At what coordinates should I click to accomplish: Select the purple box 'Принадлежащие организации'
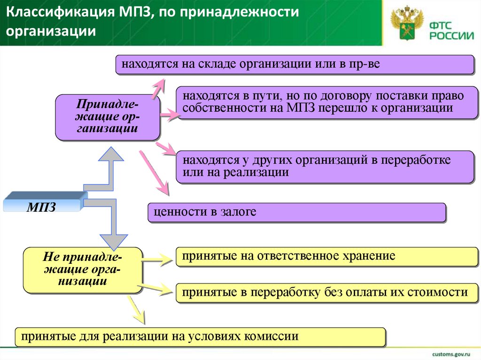point(108,117)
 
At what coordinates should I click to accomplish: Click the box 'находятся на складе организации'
point(295,64)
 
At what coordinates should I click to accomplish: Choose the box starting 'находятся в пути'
point(325,102)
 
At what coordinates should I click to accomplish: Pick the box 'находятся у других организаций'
point(325,166)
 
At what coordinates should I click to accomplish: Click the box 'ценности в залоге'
point(296,212)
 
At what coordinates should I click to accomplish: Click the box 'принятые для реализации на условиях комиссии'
point(200,337)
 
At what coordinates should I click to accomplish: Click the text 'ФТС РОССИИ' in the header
point(450,30)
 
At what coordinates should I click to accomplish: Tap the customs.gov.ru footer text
point(451,352)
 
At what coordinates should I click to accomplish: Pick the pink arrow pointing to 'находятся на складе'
point(157,86)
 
